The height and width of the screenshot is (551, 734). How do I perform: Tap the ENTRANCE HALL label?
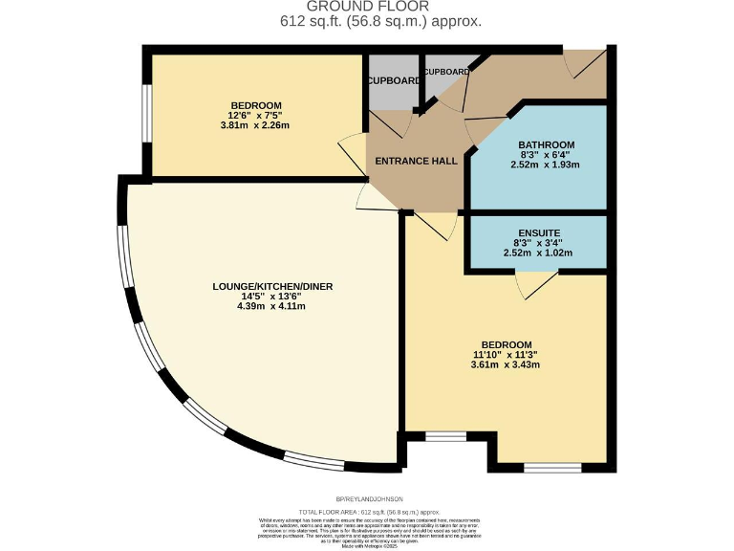(x=416, y=161)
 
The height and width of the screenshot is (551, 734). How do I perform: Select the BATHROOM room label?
(x=546, y=144)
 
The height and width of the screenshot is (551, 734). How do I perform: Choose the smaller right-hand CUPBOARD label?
(x=446, y=72)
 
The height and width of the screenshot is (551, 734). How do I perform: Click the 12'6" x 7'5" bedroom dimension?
(x=256, y=116)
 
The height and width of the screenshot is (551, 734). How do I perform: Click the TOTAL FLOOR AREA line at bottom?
(x=368, y=512)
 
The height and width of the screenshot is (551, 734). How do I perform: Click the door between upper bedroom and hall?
(x=350, y=151)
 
